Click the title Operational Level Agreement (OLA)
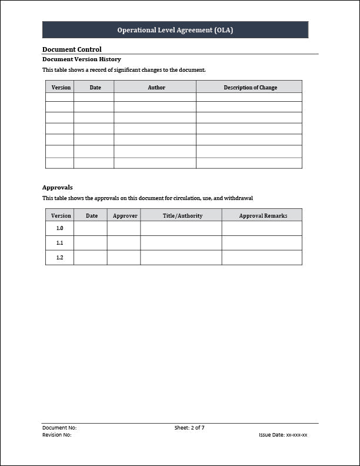click(x=175, y=30)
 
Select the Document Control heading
click(x=72, y=49)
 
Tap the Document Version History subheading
click(x=82, y=59)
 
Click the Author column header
click(x=156, y=88)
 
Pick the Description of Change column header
click(x=250, y=88)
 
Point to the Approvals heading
click(x=58, y=187)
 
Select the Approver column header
click(x=125, y=216)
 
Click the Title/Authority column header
click(x=182, y=216)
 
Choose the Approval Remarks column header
click(x=263, y=216)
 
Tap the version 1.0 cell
click(x=59, y=228)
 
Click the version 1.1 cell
click(x=59, y=243)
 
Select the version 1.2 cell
click(x=59, y=258)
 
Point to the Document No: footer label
click(x=59, y=428)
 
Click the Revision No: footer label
click(x=57, y=435)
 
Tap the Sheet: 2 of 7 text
click(x=189, y=428)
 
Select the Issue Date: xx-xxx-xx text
click(x=283, y=435)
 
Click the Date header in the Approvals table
click(x=92, y=216)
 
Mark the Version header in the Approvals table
click(x=61, y=216)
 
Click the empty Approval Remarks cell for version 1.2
click(x=262, y=258)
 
